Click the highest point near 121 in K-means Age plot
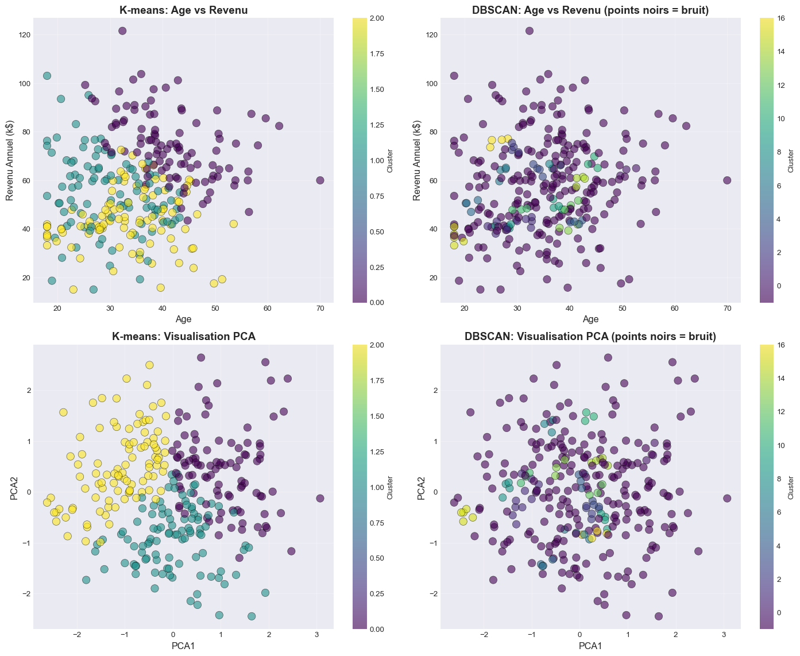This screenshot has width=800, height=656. [x=122, y=31]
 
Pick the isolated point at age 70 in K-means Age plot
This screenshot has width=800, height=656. [x=320, y=180]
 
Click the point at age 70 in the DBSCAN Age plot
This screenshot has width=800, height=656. [x=727, y=180]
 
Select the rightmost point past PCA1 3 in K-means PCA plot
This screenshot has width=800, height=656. [x=320, y=499]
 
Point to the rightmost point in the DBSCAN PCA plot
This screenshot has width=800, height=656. [x=727, y=499]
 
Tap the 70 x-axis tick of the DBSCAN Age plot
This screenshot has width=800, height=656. [x=727, y=309]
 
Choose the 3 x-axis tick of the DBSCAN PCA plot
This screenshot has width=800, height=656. [x=724, y=636]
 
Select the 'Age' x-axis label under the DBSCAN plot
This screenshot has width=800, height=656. [x=590, y=319]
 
